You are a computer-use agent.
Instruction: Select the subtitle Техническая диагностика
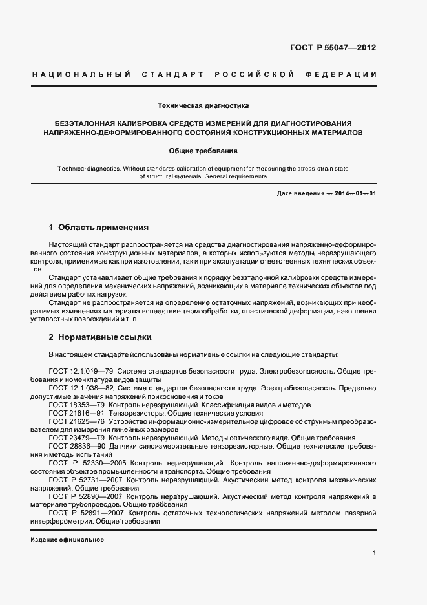tap(203, 105)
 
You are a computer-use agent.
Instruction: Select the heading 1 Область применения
tap(99, 228)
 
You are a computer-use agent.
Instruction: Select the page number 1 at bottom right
tap(375, 553)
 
